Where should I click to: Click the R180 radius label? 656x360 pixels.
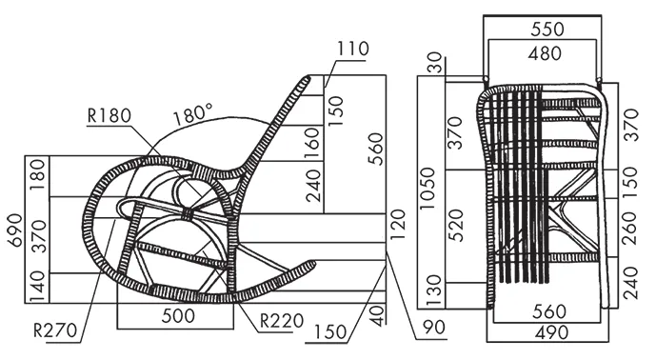[x=109, y=115]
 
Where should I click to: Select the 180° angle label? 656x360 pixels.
[x=193, y=114]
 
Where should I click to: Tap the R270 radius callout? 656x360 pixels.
[x=55, y=330]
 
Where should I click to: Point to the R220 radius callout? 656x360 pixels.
[x=282, y=321]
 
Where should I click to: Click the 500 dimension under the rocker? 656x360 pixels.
[x=178, y=315]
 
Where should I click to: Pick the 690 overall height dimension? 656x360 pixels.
[x=16, y=230]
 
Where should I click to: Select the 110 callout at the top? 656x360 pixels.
[x=353, y=49]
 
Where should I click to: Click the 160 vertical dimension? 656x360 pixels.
[x=311, y=144]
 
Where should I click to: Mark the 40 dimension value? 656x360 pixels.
[x=378, y=315]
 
